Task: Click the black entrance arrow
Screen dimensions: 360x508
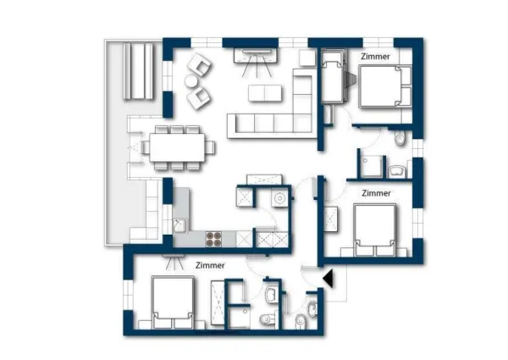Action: [x=329, y=278]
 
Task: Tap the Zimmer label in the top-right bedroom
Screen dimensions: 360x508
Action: [x=375, y=57]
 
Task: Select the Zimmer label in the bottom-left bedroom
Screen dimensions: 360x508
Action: [x=209, y=265]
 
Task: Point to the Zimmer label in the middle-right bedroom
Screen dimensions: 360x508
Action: [x=375, y=193]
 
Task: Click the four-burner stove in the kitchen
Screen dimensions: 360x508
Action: [x=215, y=240]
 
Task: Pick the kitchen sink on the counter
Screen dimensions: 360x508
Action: [x=179, y=225]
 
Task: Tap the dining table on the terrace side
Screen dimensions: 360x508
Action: [x=178, y=146]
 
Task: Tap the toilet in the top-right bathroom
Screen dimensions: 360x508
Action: [x=400, y=137]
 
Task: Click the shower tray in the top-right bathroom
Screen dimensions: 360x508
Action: [x=370, y=163]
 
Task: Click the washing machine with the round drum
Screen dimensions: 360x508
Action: [x=276, y=200]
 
